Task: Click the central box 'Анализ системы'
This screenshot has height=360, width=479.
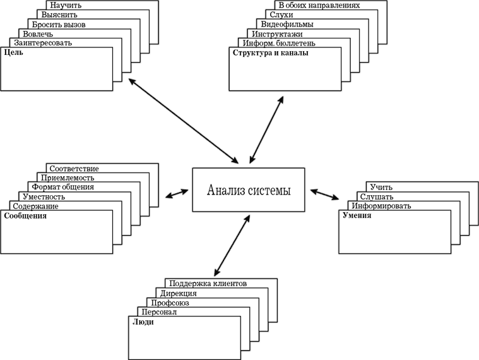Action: coord(249,189)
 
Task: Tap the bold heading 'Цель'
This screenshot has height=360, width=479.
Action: coord(13,52)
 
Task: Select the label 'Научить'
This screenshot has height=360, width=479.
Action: coord(66,5)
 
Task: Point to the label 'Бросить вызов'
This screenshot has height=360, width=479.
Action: coord(59,25)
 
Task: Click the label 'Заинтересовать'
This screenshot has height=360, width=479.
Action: coord(43,43)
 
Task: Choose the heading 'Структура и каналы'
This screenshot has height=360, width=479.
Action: coord(270,53)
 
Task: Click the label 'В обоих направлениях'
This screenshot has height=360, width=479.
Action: coord(319,5)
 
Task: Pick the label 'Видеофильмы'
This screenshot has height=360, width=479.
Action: coord(287,24)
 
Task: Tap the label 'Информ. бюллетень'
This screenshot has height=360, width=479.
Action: coord(279,43)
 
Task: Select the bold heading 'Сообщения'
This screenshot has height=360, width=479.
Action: coord(25,216)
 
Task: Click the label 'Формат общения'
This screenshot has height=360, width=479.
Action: coord(63,187)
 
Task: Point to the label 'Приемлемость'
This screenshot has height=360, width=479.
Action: coord(68,177)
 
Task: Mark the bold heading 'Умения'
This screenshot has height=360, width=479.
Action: coord(357,215)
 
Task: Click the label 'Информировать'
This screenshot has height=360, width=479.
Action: coord(381,206)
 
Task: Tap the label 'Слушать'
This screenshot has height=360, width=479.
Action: coord(377,196)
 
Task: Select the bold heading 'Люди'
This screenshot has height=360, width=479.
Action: coord(143,322)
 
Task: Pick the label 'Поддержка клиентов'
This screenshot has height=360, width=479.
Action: coord(208,284)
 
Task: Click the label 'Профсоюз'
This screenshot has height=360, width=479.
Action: coord(170,303)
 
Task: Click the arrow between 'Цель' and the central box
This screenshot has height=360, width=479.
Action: coord(183,121)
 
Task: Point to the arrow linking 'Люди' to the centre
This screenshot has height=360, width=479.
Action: coord(232,246)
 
